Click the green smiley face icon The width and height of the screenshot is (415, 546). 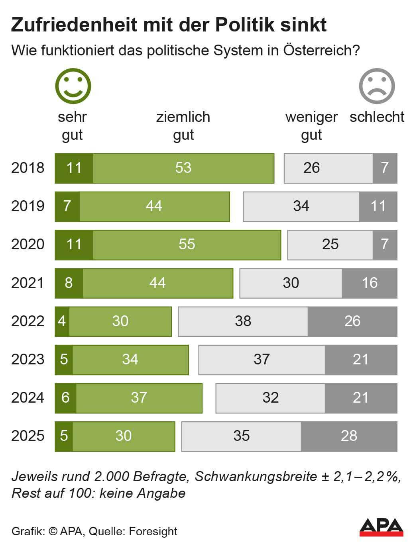pos(73,86)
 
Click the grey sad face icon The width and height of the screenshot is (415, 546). pos(377,86)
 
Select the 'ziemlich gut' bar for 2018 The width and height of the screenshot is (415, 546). pos(183,168)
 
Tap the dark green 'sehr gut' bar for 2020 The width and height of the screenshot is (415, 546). pos(74,245)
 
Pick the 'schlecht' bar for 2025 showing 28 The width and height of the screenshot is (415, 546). pos(349,436)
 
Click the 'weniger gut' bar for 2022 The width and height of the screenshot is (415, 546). pos(243,321)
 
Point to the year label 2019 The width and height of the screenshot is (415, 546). pos(28,206)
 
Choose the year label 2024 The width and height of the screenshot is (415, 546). pos(28,397)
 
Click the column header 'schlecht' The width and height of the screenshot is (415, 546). pos(377,117)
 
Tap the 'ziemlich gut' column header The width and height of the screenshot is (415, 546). pos(183,126)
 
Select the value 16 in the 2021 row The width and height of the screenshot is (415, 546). pos(370,283)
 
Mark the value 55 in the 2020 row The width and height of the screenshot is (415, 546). pos(187,245)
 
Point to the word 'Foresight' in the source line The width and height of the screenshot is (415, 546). pos(153,531)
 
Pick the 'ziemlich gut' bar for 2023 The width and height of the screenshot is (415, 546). pos(130,360)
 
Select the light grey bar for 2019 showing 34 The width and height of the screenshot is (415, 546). pos(301,206)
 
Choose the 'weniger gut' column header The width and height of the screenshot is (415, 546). pos(311,126)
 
